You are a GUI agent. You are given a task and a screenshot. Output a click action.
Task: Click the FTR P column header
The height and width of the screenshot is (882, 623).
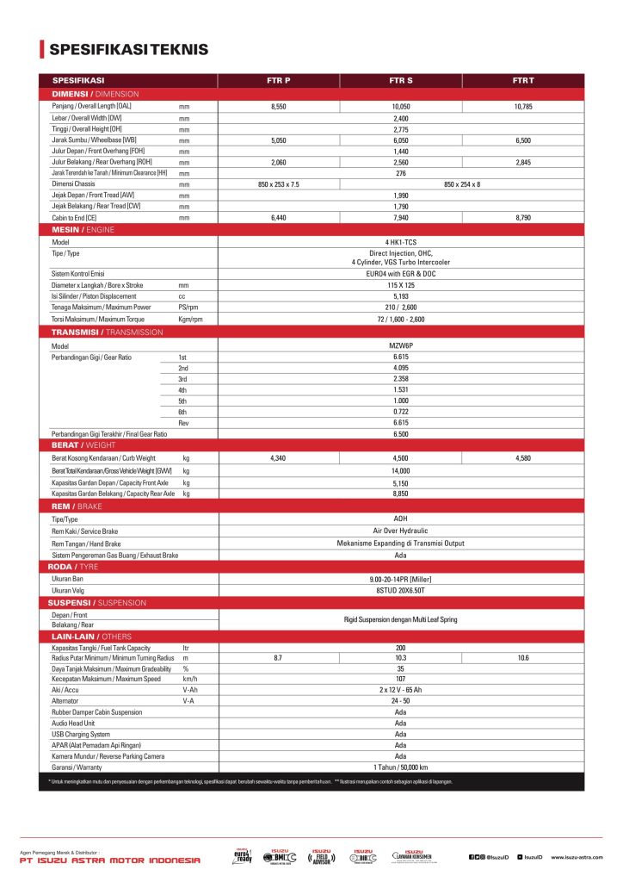[278, 80]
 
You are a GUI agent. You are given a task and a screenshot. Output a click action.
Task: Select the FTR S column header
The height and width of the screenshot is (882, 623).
[400, 80]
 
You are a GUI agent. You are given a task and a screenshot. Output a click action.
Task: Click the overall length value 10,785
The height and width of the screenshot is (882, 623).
[523, 106]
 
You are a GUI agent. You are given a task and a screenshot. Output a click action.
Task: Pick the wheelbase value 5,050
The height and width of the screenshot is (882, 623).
[278, 140]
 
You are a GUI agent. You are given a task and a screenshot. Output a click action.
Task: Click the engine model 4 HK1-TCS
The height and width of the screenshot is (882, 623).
[400, 242]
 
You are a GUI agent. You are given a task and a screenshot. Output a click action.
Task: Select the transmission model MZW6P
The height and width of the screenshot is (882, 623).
[400, 345]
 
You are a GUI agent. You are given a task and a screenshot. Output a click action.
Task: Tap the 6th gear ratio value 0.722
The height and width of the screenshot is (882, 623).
[400, 412]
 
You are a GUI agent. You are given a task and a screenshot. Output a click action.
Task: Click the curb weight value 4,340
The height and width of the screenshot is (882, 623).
[278, 458]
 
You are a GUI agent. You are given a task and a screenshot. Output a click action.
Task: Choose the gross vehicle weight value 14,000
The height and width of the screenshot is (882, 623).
[400, 471]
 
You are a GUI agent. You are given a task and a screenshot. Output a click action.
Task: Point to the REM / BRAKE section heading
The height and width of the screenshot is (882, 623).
[77, 506]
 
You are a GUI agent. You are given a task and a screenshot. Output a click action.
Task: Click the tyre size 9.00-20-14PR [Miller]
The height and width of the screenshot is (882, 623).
[400, 579]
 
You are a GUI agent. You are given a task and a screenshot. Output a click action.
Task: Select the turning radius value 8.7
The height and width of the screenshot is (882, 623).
[278, 657]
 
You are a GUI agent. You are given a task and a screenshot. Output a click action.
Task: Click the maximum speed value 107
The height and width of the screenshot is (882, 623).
[400, 679]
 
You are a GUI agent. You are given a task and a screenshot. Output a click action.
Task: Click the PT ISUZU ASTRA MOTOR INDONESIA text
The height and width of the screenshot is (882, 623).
[109, 860]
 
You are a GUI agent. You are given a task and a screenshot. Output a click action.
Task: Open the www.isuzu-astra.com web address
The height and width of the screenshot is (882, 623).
[583, 857]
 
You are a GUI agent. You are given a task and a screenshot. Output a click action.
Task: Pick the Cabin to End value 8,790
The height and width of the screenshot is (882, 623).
[523, 218]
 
